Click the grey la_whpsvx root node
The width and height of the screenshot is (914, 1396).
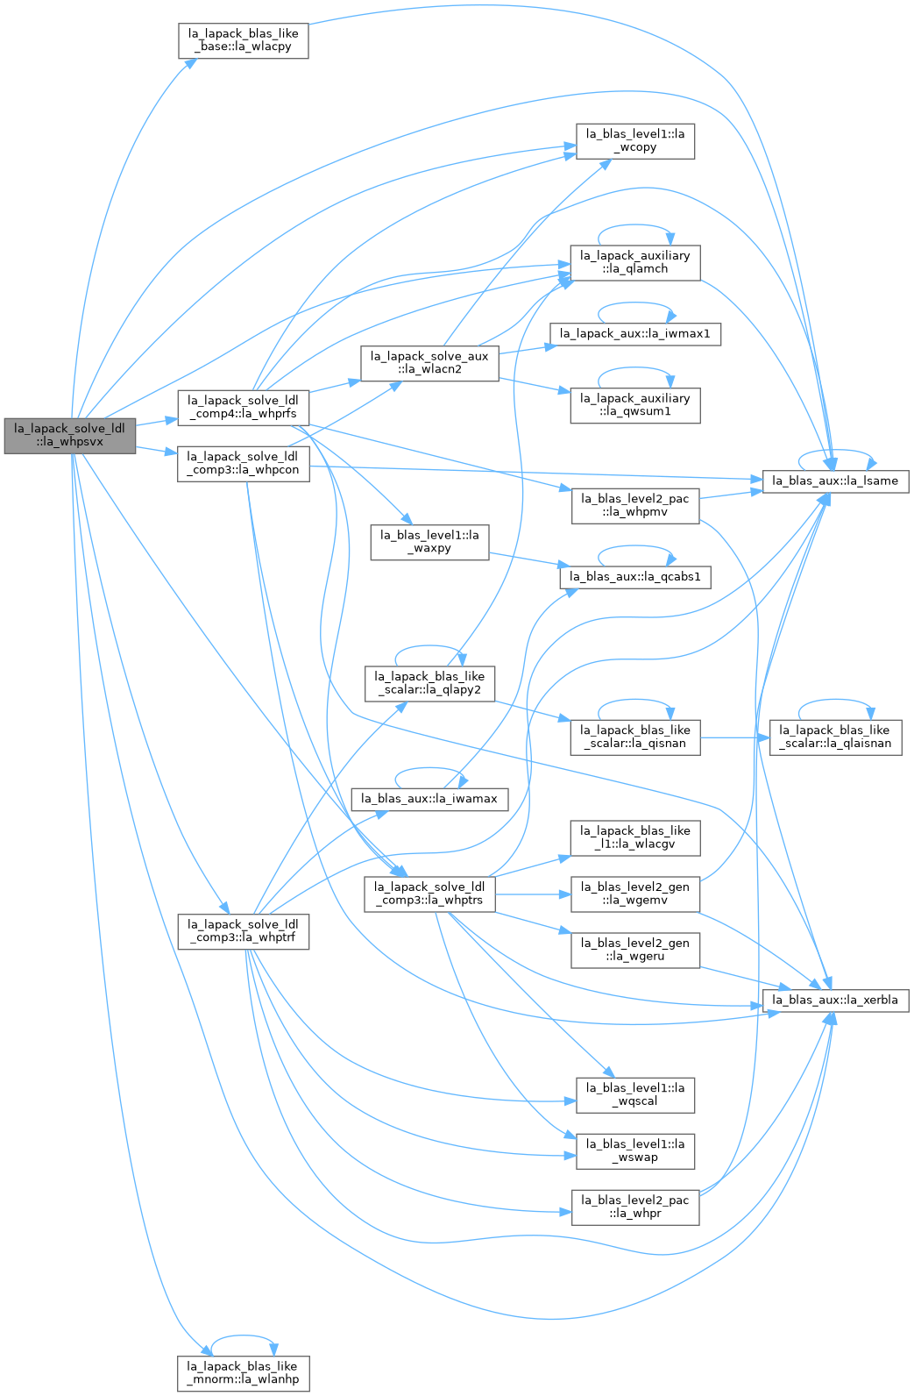pyautogui.click(x=70, y=436)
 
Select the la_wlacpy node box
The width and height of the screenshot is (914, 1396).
pyautogui.click(x=244, y=41)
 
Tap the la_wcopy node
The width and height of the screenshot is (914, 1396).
pyautogui.click(x=635, y=141)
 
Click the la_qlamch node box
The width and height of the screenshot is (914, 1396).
pyautogui.click(x=635, y=263)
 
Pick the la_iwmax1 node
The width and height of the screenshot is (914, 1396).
pyautogui.click(x=635, y=334)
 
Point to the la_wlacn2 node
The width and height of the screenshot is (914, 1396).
pyautogui.click(x=429, y=363)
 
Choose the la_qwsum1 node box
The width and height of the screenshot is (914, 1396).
pyautogui.click(x=635, y=406)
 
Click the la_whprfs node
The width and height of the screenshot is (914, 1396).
pyautogui.click(x=244, y=409)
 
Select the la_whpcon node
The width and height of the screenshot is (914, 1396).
pyautogui.click(x=244, y=464)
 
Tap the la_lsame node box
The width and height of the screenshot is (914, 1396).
pyautogui.click(x=835, y=481)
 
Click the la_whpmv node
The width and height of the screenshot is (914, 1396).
pyautogui.click(x=635, y=506)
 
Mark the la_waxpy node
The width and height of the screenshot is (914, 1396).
pyautogui.click(x=429, y=542)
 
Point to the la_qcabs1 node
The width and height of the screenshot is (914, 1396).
pyautogui.click(x=635, y=577)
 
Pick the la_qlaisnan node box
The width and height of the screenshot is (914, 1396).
pyautogui.click(x=835, y=737)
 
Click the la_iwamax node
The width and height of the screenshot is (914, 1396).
pyautogui.click(x=429, y=799)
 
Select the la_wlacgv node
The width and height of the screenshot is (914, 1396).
pyautogui.click(x=635, y=838)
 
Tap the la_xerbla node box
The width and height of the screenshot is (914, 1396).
pyautogui.click(x=835, y=1001)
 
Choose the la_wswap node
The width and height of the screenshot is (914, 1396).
pyautogui.click(x=635, y=1151)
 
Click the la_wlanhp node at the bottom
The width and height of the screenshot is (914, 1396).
pyautogui.click(x=244, y=1373)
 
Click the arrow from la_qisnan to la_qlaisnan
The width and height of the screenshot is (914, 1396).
pyautogui.click(x=735, y=737)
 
